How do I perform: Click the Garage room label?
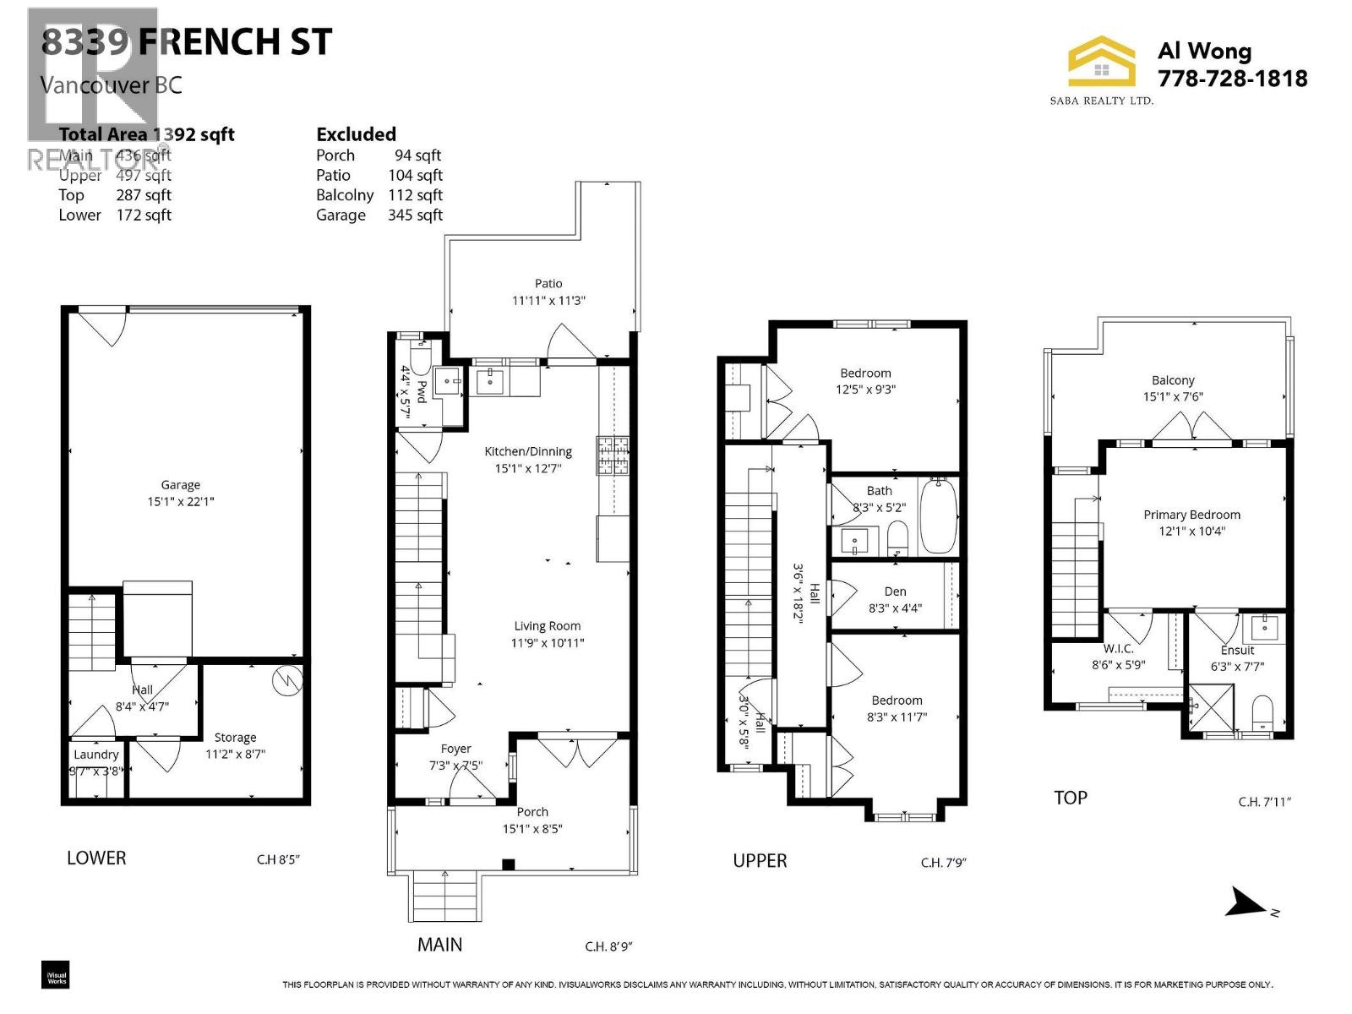[180, 485]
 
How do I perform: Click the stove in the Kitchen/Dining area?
[613, 456]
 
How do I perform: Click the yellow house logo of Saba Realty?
[1101, 62]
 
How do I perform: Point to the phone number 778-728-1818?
[1232, 79]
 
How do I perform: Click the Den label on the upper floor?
[895, 591]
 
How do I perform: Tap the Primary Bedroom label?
[1191, 515]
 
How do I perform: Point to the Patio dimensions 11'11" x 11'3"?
[548, 300]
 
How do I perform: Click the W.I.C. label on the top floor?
[1118, 648]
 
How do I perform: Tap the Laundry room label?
[95, 755]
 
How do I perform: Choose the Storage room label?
[235, 738]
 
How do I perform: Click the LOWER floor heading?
[96, 858]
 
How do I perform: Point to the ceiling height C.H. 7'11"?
[1264, 802]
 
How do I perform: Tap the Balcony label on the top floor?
[1172, 380]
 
